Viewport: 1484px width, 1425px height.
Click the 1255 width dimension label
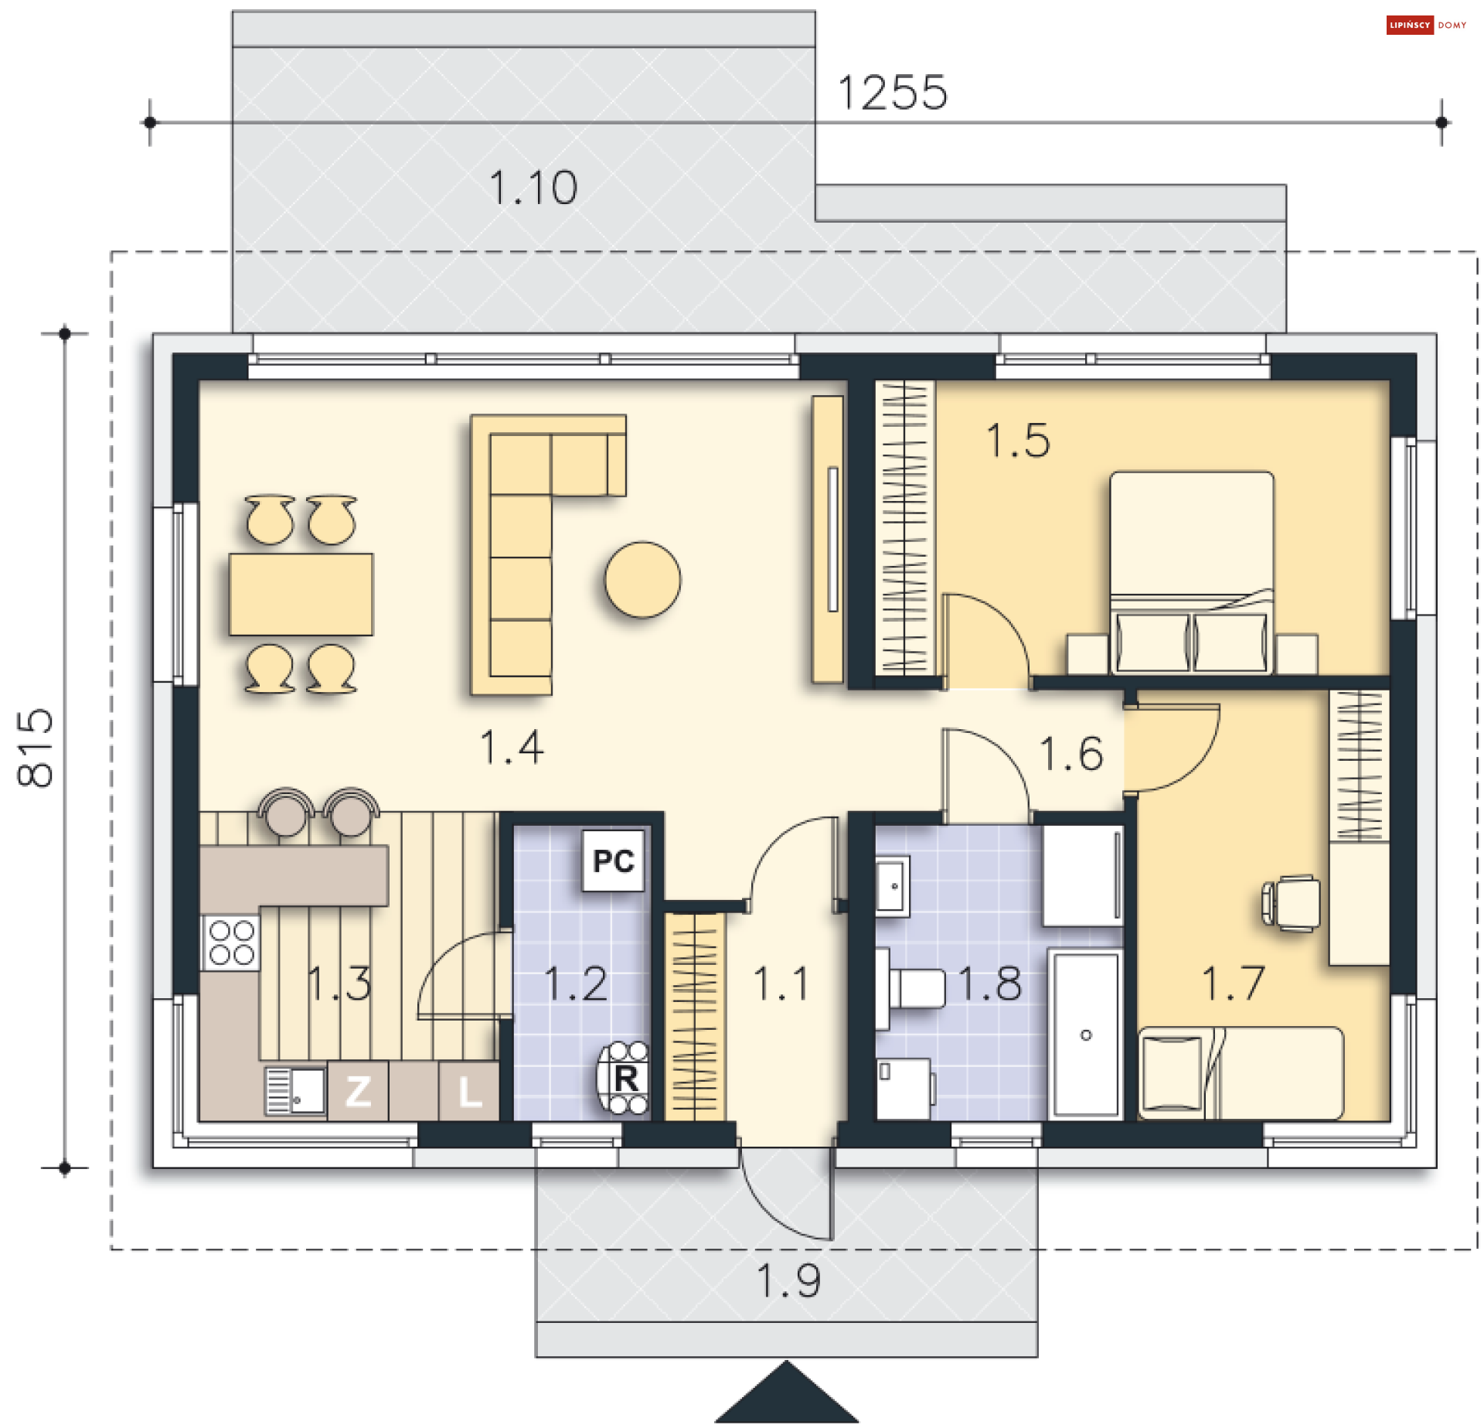point(893,93)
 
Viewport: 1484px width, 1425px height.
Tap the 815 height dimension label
point(36,748)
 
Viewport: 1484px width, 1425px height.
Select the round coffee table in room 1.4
point(642,579)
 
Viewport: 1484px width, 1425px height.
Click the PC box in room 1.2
point(613,861)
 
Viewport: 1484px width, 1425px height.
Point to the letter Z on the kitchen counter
point(358,1092)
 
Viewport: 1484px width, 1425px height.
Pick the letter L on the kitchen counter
point(468,1092)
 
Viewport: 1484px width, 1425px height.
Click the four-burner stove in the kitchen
point(231,943)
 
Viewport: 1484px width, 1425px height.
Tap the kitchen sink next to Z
point(296,1091)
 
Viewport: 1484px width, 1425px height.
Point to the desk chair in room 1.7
point(1290,903)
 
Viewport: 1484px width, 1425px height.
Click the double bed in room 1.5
point(1192,572)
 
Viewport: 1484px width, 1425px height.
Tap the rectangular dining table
point(301,594)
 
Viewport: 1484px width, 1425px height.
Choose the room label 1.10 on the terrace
point(533,188)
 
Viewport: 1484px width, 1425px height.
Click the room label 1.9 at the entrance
point(788,1280)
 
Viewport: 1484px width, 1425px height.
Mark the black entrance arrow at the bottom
point(787,1393)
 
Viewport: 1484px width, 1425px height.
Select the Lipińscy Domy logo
point(1426,26)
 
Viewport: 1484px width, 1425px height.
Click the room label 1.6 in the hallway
point(1071,754)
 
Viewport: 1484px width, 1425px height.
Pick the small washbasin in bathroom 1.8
point(893,886)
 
